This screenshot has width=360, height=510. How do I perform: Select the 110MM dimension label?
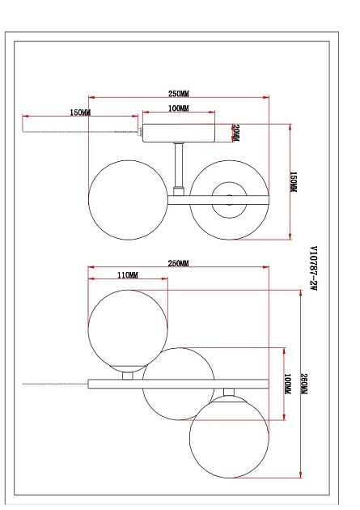(128, 275)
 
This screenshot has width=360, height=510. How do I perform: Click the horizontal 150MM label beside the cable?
(81, 111)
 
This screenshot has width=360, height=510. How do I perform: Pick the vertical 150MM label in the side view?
(294, 182)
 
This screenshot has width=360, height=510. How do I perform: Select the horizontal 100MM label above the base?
(178, 108)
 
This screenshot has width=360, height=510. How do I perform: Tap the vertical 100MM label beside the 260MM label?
(288, 384)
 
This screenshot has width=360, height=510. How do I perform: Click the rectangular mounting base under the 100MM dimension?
(180, 131)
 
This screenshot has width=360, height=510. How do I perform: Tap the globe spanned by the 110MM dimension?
(128, 330)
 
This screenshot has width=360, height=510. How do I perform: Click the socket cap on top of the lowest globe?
(229, 395)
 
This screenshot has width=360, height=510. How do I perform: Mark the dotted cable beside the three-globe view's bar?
(53, 382)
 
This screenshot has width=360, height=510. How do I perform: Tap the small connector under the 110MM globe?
(128, 374)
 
